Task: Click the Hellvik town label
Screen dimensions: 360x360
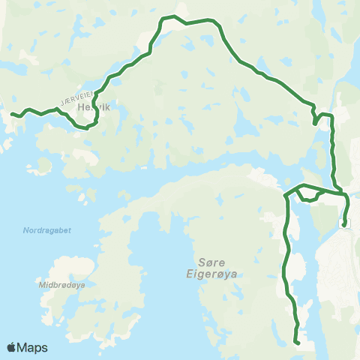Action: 94,107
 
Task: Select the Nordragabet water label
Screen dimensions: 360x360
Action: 46,230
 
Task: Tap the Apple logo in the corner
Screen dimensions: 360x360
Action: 11,347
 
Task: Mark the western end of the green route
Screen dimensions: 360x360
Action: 12,113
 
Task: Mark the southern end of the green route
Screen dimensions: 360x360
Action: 298,343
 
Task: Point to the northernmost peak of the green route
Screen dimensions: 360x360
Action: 173,16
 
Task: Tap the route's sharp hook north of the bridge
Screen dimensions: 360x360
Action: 315,119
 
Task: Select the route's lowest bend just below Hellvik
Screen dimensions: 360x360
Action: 88,127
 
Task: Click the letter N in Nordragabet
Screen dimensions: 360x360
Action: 25,230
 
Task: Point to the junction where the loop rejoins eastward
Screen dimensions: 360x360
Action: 322,191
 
